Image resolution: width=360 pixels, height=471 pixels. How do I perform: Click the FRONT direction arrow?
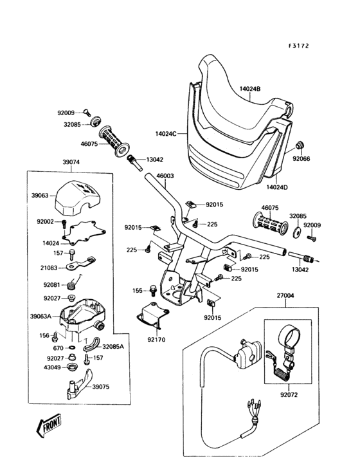tap(49, 425)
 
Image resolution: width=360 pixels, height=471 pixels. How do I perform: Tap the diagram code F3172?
tap(298, 46)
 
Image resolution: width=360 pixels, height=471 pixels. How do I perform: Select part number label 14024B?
tap(250, 89)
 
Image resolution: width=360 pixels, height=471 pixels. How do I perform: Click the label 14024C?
tap(166, 133)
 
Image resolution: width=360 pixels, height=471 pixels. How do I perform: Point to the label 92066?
tap(301, 158)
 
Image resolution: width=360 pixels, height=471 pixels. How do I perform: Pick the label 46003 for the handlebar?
tap(165, 176)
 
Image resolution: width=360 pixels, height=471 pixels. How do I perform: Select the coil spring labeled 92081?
tap(71, 285)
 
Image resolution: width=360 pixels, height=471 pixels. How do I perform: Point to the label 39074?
tap(71, 162)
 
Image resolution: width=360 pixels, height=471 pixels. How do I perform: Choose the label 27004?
tap(285, 295)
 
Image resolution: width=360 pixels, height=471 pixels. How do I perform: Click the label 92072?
tap(289, 394)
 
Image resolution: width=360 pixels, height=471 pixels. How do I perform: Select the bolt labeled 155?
tap(153, 289)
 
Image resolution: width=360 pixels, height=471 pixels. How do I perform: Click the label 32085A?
tap(113, 346)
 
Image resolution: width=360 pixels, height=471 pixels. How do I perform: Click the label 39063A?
tap(40, 316)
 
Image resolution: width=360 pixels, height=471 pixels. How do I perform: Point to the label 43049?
tap(52, 367)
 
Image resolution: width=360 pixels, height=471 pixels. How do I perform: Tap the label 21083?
tap(49, 267)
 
